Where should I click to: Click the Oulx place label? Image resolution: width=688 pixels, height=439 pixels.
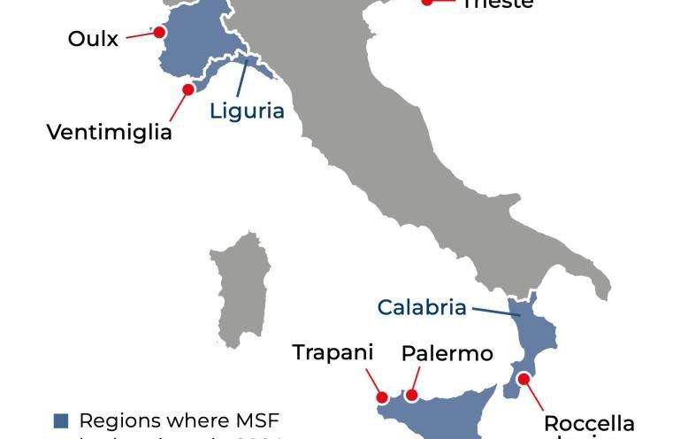coord(93,39)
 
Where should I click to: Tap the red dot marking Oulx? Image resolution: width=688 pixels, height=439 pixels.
coord(159,32)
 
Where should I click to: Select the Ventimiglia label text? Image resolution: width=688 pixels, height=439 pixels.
coord(109,132)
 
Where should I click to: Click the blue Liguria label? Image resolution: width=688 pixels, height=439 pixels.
coord(247,111)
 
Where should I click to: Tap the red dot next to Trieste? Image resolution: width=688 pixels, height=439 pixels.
coord(427,2)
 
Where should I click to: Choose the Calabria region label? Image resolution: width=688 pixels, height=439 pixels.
coord(421,307)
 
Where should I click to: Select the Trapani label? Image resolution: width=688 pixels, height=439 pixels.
coord(333,352)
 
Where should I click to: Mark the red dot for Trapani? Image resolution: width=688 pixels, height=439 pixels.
coord(383,397)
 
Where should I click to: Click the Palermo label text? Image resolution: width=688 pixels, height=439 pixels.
coord(447,353)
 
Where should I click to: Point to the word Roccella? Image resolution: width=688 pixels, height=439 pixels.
coord(589,423)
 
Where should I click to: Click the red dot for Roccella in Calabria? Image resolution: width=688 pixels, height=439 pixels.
coord(524,379)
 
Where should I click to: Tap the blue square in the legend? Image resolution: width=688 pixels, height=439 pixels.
coord(61,420)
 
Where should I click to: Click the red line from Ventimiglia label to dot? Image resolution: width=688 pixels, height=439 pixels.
coord(177,106)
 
